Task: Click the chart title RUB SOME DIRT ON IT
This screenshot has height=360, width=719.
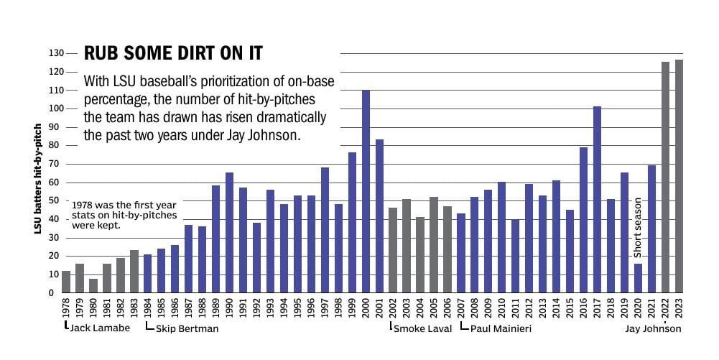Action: (x=173, y=54)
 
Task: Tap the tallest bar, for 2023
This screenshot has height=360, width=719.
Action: (x=679, y=176)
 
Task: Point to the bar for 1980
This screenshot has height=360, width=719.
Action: (x=93, y=285)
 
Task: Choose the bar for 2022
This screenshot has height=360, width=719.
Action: (x=665, y=177)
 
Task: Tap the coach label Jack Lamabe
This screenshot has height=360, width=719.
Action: (x=99, y=328)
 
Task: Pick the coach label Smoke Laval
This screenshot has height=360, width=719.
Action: (x=422, y=329)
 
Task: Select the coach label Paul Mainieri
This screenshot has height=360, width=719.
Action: (x=497, y=329)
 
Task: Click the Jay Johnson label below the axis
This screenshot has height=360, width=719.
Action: (x=653, y=329)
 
